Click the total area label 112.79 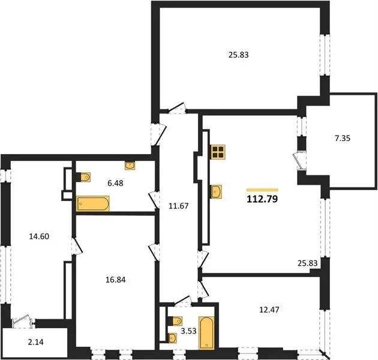coord(262,199)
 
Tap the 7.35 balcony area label coord(343,139)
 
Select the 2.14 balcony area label coord(35,342)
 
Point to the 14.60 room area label coord(39,236)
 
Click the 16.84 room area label coord(116,280)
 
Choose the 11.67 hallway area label coord(178,206)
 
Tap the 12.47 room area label coord(269,310)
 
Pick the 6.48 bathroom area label coord(115,183)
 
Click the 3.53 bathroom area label coord(189,331)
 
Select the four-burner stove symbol coord(218,152)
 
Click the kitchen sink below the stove coord(216,192)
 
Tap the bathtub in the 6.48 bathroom coord(93,204)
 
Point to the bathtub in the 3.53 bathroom coord(206,333)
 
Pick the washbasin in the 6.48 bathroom coord(130,166)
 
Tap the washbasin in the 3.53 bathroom coord(173,338)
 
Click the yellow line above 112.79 coord(262,190)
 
